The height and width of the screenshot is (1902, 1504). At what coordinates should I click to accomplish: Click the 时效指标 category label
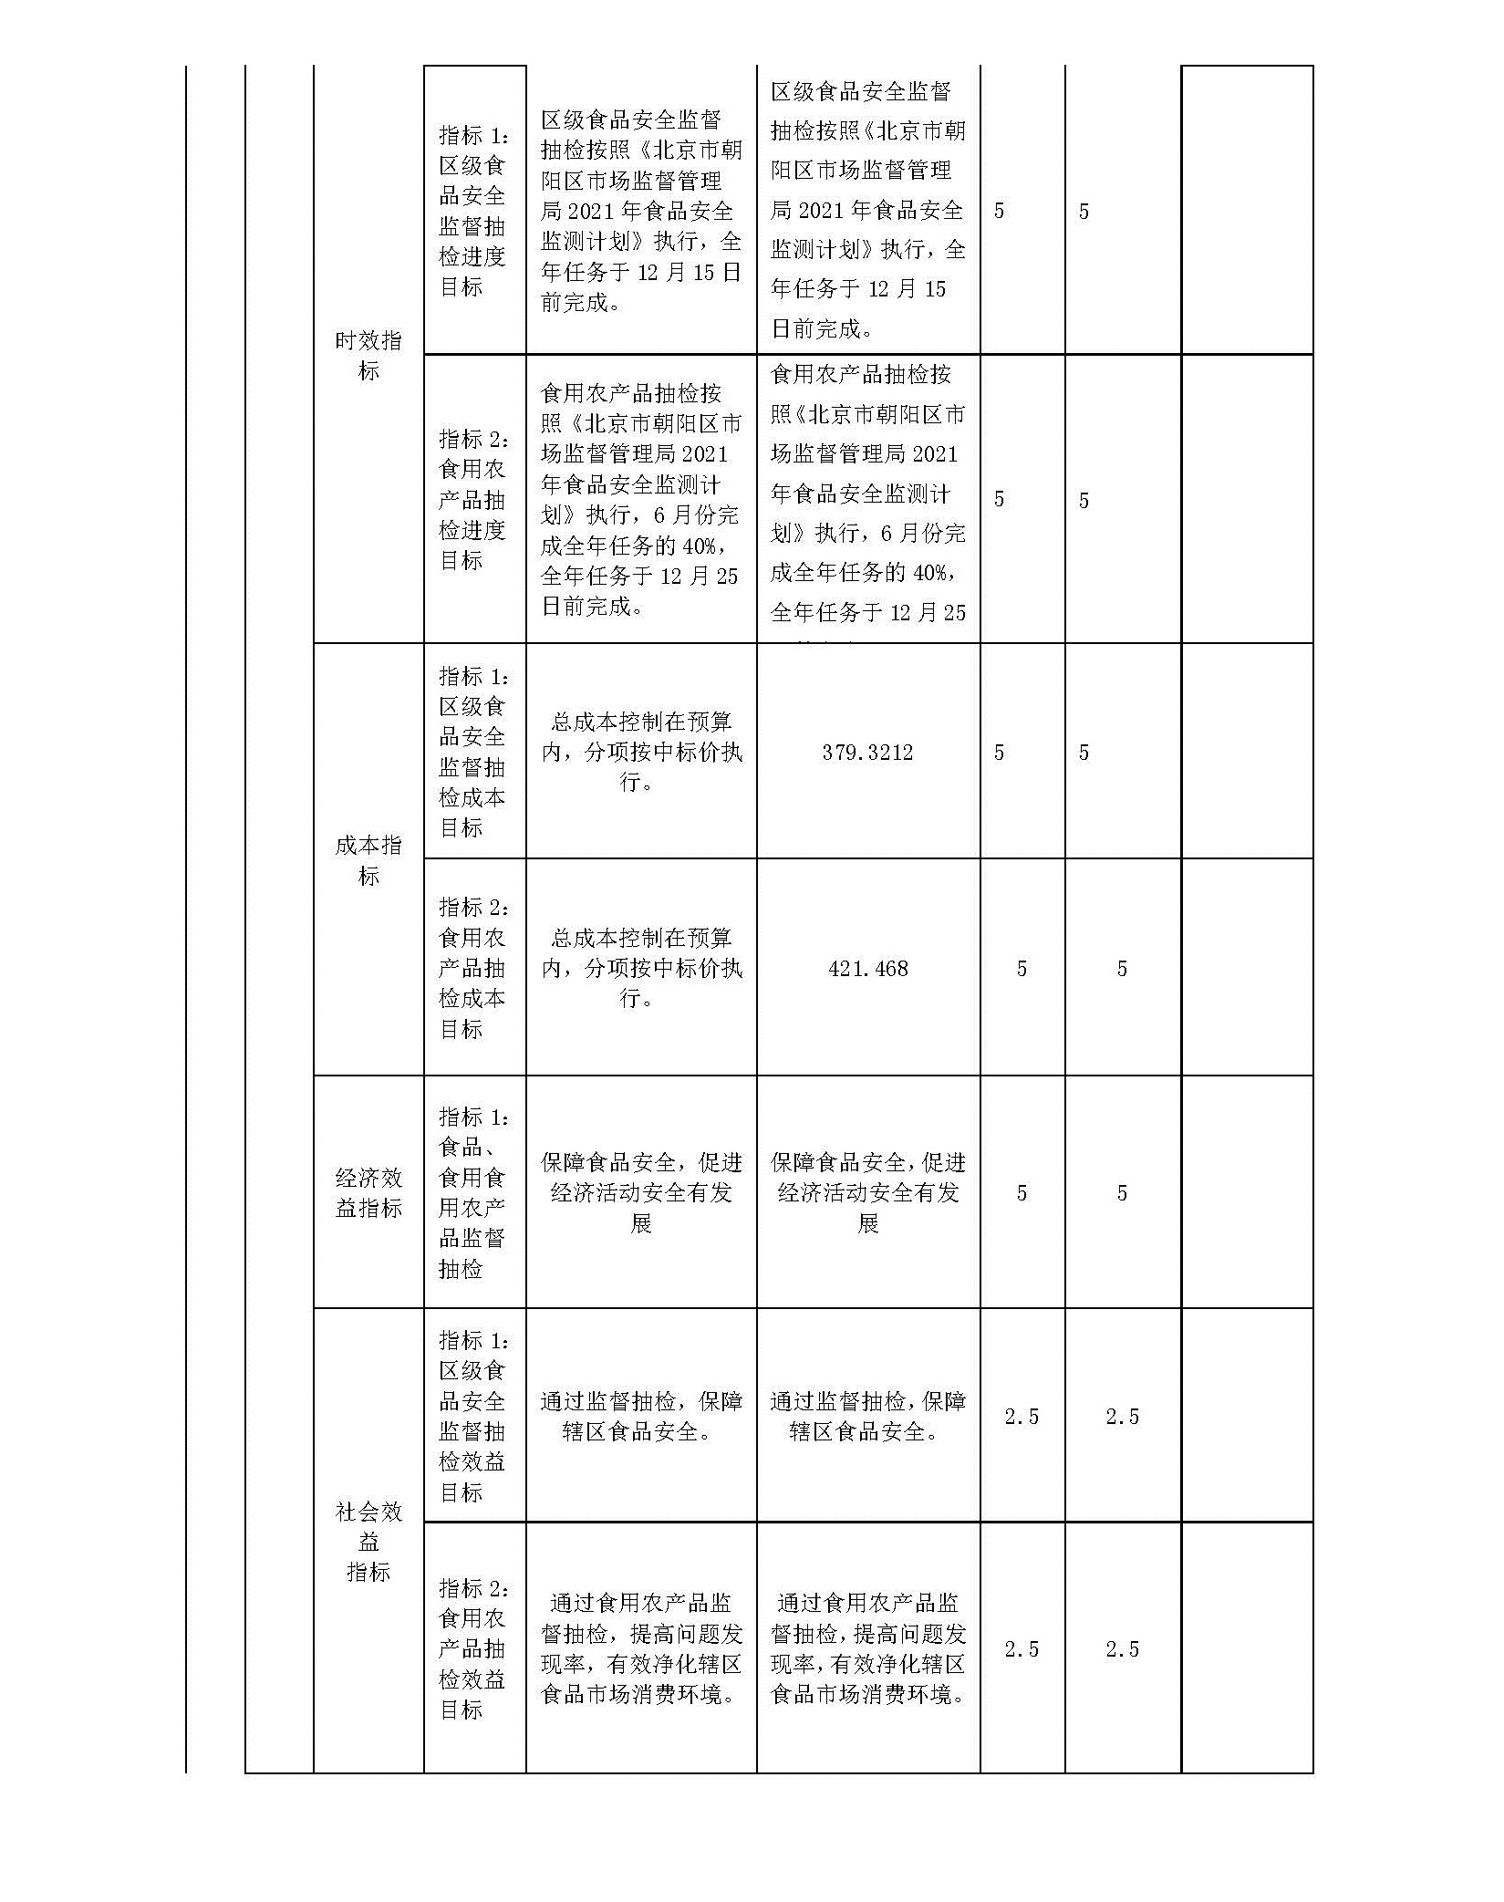(368, 355)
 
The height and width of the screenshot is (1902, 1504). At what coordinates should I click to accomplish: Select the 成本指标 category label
(368, 859)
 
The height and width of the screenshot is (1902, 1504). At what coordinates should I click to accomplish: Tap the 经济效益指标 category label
(368, 1192)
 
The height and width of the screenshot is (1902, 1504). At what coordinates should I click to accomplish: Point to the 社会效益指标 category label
(368, 1542)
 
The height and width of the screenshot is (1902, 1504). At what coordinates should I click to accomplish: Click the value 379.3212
(867, 753)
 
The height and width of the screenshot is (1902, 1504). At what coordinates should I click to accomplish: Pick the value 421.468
(867, 969)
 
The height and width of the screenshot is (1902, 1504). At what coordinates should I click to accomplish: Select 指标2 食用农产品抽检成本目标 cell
(473, 968)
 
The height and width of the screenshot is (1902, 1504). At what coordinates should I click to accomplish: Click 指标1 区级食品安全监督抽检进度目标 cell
(473, 211)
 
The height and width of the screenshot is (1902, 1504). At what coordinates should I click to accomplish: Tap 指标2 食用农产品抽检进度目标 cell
(473, 499)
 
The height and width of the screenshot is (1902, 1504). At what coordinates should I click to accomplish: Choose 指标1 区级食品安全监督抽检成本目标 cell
(473, 752)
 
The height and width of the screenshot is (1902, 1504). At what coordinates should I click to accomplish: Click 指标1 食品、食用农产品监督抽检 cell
(473, 1192)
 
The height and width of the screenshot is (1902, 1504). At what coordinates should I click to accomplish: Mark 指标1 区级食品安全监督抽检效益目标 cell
(473, 1416)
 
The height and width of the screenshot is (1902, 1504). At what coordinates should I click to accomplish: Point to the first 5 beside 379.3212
(999, 753)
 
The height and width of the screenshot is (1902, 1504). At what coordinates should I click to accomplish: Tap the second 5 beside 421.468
(1122, 969)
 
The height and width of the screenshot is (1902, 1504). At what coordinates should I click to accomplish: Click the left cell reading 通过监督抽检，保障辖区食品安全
(640, 1416)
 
